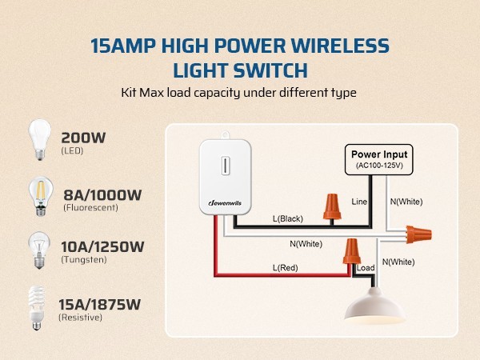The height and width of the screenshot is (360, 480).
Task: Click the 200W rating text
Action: (x=83, y=138)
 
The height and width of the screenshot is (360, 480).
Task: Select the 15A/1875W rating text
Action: (x=100, y=304)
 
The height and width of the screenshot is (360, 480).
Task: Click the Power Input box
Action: (x=380, y=159)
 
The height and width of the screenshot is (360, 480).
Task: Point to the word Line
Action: (x=359, y=202)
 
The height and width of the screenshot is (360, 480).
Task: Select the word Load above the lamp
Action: (x=366, y=267)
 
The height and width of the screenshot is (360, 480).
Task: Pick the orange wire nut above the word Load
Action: (x=350, y=250)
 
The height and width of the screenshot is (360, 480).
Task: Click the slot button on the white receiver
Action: (x=226, y=166)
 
